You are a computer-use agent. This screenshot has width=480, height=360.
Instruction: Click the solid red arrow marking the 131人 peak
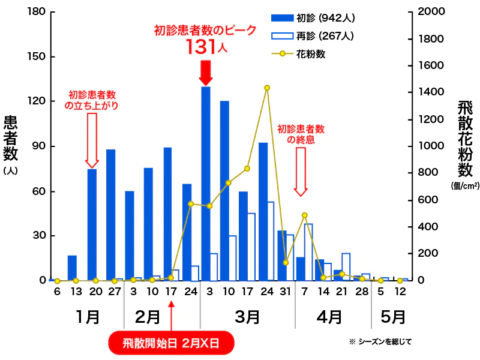click(x=206, y=73)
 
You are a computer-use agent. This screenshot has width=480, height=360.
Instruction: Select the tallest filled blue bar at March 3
click(x=206, y=183)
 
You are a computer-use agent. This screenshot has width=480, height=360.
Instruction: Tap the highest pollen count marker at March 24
click(x=267, y=88)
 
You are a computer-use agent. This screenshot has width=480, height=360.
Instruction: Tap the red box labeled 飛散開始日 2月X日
click(x=170, y=344)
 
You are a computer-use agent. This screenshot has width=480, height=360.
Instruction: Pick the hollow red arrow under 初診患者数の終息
click(x=301, y=171)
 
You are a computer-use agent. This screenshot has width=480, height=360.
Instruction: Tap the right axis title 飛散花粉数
click(x=465, y=138)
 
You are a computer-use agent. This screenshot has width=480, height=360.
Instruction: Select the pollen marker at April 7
click(x=305, y=215)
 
